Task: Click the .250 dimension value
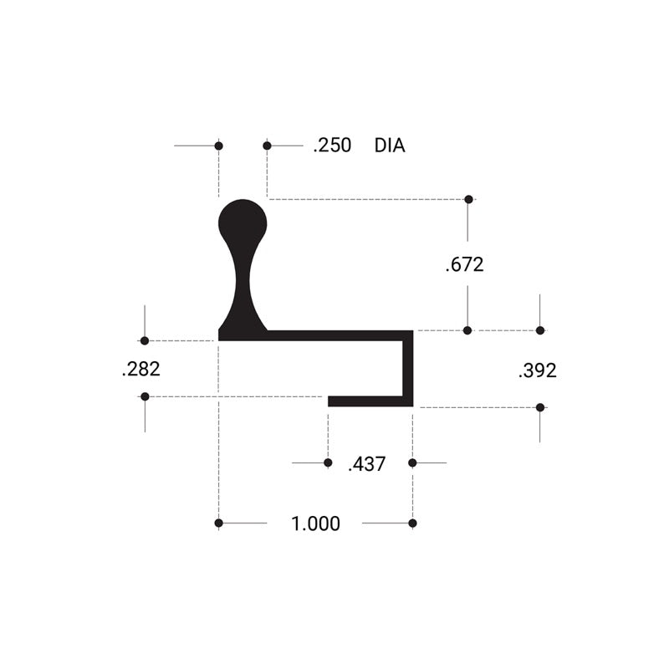[332, 146]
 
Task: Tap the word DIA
[390, 146]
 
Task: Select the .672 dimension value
[465, 265]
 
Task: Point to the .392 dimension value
[538, 370]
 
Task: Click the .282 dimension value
[140, 369]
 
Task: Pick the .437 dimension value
[366, 464]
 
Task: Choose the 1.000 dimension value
[315, 524]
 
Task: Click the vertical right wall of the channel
[409, 368]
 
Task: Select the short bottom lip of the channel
[368, 401]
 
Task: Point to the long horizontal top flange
[334, 335]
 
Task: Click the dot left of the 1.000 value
[218, 523]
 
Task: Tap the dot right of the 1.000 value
[412, 523]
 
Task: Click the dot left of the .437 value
[328, 462]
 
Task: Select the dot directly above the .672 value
[468, 199]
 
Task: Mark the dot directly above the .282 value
[145, 340]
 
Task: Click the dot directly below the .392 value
[540, 407]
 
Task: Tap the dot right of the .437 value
[412, 462]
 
